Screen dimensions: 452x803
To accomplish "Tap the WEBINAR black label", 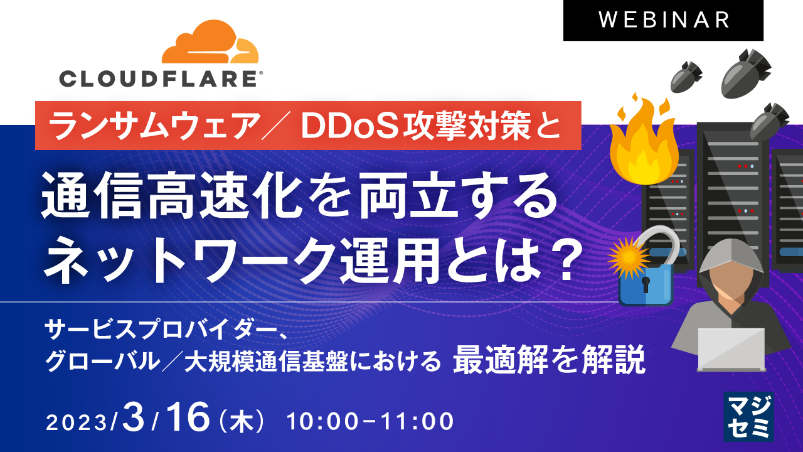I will pos(663,20).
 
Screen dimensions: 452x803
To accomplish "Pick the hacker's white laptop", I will pos(731,349).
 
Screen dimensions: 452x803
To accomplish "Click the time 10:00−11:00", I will pos(370,421).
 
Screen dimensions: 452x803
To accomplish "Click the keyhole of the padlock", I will pos(646,285).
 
